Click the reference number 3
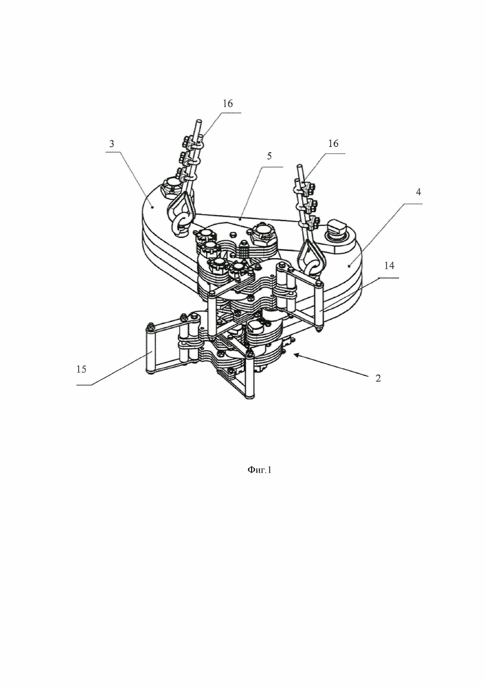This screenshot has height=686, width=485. (112, 144)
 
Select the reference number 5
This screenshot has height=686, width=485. (269, 156)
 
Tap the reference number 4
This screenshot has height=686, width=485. (418, 192)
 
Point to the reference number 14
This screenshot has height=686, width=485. (389, 266)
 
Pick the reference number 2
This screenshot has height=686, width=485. (378, 378)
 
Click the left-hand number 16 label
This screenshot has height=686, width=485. (228, 104)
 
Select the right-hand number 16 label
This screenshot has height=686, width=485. (333, 144)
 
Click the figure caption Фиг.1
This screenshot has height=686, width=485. (259, 470)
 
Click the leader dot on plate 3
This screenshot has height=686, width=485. (152, 207)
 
